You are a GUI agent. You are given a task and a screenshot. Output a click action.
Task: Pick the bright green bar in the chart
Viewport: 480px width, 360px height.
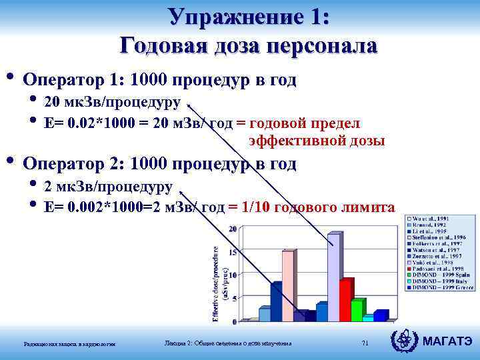357,309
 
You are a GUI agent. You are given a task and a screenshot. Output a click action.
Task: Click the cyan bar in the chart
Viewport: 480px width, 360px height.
368,317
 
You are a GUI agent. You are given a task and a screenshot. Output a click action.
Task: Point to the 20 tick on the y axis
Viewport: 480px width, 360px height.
233,229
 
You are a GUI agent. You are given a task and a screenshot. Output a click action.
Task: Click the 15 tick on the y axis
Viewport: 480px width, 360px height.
233,252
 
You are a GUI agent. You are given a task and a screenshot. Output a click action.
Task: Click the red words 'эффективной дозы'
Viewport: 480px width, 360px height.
317,141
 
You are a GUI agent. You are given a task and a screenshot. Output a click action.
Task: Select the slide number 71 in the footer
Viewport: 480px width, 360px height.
364,343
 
